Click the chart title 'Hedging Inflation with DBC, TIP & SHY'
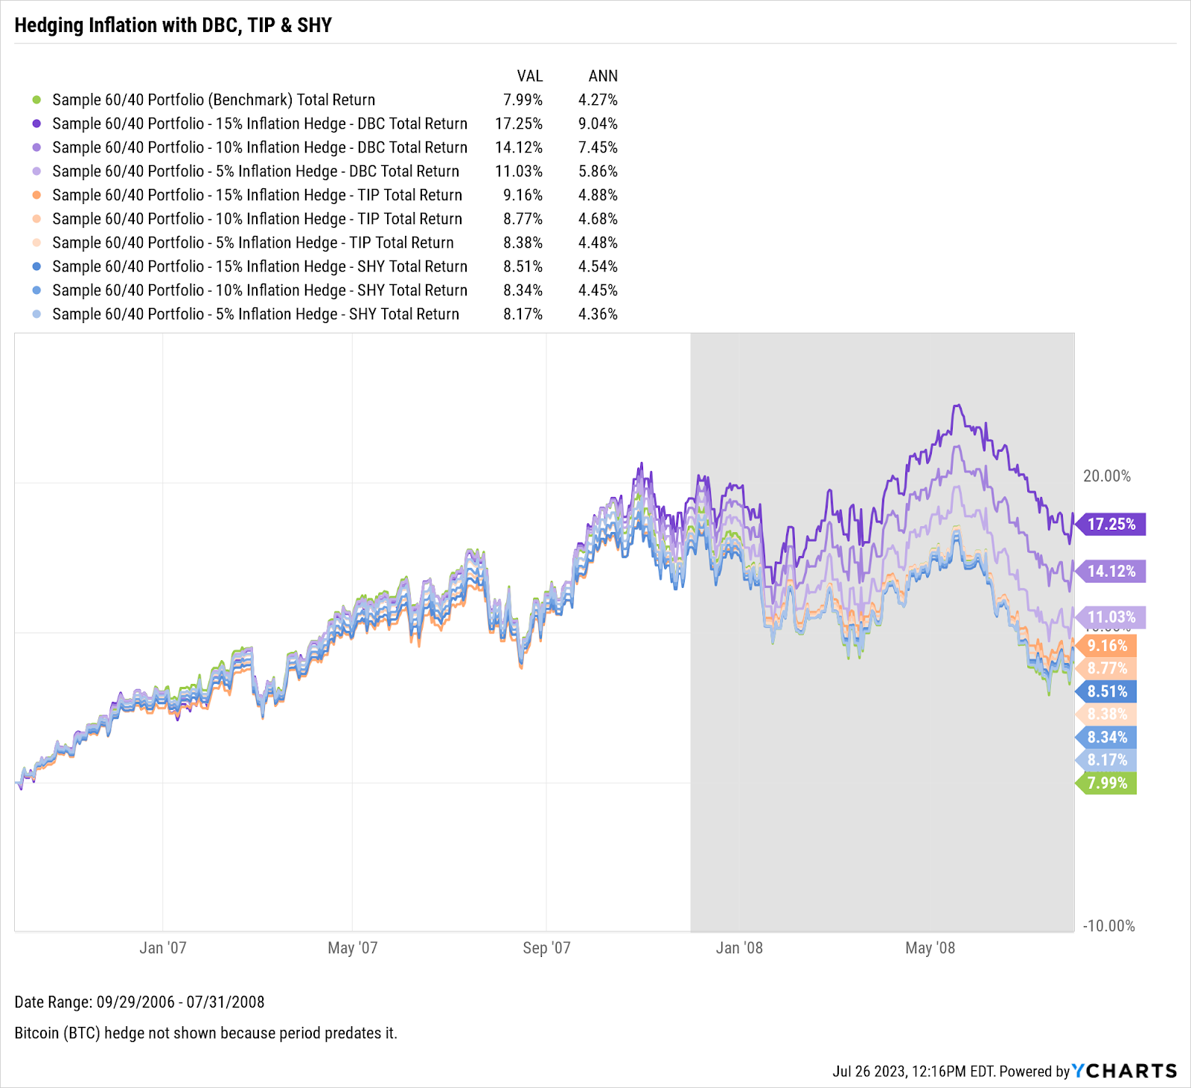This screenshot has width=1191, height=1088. (x=173, y=25)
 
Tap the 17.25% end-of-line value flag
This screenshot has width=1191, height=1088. (x=1111, y=525)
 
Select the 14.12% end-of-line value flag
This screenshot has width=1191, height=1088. (x=1111, y=572)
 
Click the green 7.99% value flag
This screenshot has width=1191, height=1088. (x=1107, y=783)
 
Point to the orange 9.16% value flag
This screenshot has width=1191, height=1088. (x=1107, y=646)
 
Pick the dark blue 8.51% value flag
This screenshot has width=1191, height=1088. (x=1107, y=691)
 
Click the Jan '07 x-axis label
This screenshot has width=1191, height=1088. (x=163, y=948)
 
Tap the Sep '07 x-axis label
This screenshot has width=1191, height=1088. (x=546, y=948)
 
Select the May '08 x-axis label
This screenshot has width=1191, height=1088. (x=930, y=948)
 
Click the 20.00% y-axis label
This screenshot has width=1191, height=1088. (x=1107, y=476)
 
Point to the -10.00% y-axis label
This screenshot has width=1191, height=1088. (x=1108, y=926)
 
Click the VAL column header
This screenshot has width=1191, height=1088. (x=530, y=76)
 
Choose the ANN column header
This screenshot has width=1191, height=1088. (x=603, y=76)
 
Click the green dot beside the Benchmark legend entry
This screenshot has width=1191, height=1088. (x=36, y=100)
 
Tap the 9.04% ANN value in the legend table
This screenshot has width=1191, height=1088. (x=598, y=124)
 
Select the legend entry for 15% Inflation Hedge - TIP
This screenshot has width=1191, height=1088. (x=257, y=195)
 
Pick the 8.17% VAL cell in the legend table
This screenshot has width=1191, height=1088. (x=523, y=314)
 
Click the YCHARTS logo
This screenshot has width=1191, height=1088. (x=1124, y=1071)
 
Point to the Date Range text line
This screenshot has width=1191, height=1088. (x=139, y=1002)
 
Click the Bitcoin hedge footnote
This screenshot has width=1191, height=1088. (x=205, y=1033)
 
